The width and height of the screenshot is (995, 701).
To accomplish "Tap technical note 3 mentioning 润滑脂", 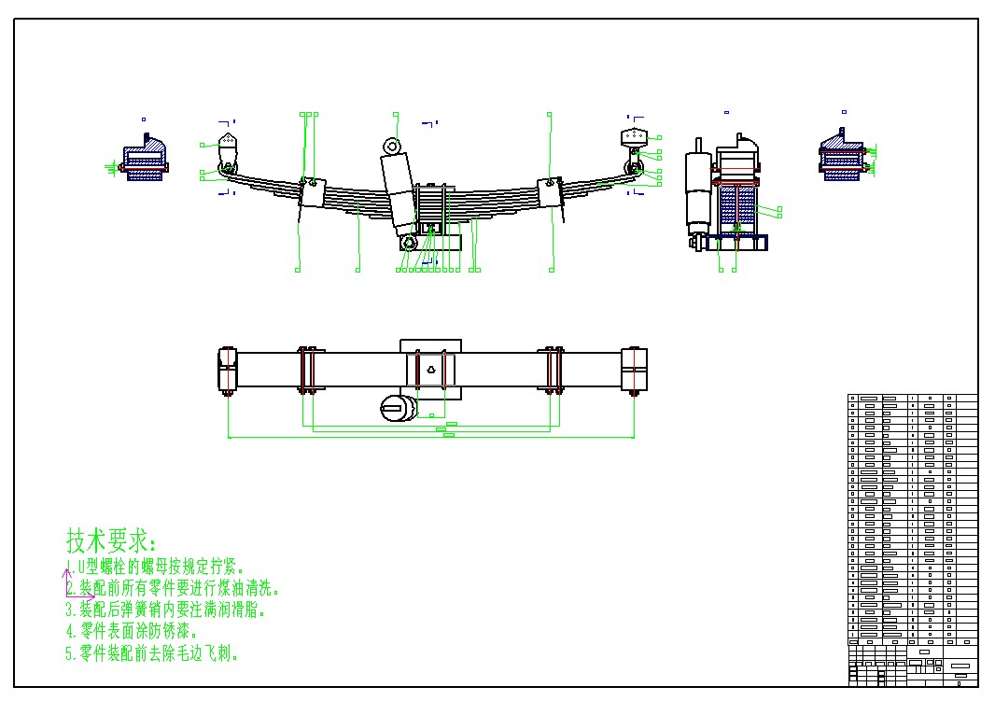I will tap(166, 610).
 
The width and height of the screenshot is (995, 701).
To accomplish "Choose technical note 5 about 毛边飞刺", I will tap(153, 653).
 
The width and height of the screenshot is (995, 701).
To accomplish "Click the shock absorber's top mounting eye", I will tap(393, 147).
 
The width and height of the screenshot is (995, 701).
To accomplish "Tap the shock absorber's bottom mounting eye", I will tap(409, 243).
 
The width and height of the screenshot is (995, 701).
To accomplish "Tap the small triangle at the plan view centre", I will tap(431, 369).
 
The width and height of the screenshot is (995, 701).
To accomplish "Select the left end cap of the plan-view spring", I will tap(228, 369).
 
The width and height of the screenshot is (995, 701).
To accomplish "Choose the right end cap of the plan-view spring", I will tap(635, 369).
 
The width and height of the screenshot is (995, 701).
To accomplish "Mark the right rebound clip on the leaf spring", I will tap(550, 190).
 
